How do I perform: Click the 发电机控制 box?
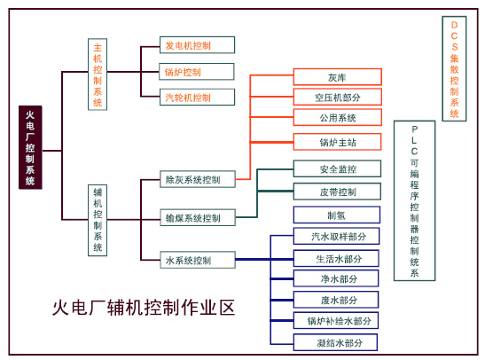pyautogui.click(x=197, y=45)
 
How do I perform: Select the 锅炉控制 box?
pyautogui.click(x=197, y=72)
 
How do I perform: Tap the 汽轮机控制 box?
pyautogui.click(x=197, y=98)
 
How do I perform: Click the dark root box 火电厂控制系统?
pyautogui.click(x=30, y=147)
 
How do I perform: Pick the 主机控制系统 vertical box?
pyautogui.click(x=98, y=74)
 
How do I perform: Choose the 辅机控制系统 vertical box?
pyautogui.click(x=98, y=220)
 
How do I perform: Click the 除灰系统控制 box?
pyautogui.click(x=198, y=179)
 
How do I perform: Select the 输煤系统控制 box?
pyautogui.click(x=198, y=217)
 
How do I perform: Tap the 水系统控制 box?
pyautogui.click(x=198, y=260)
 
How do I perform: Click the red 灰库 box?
pyautogui.click(x=338, y=77)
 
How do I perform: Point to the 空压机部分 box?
pyautogui.click(x=338, y=98)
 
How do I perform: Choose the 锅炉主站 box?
pyautogui.click(x=337, y=142)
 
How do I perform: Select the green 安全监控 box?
pyautogui.click(x=337, y=168)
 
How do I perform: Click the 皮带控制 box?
pyautogui.click(x=337, y=192)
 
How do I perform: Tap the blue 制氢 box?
pyautogui.click(x=337, y=215)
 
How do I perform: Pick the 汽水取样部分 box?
pyautogui.click(x=336, y=236)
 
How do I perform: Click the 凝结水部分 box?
pyautogui.click(x=335, y=342)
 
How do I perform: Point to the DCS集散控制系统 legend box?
pyautogui.click(x=454, y=68)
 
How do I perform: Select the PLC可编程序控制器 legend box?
pyautogui.click(x=414, y=200)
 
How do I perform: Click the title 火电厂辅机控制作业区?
pyautogui.click(x=144, y=308)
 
